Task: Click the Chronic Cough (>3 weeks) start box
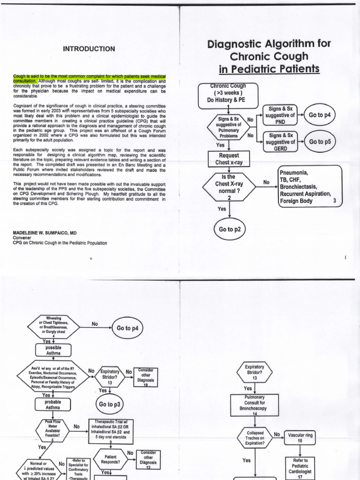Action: pyautogui.click(x=228, y=93)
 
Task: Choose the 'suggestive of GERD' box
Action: pyautogui.click(x=280, y=142)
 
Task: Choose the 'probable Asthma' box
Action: pyautogui.click(x=53, y=405)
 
